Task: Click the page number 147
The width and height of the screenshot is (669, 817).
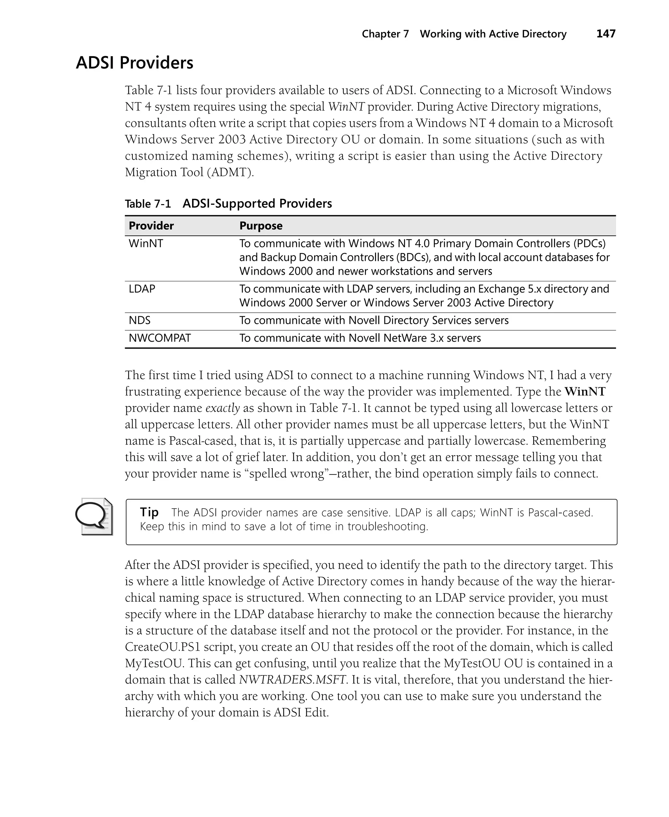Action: tap(606, 34)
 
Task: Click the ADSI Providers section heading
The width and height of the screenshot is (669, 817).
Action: tap(135, 63)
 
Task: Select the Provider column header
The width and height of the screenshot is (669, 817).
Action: tap(151, 226)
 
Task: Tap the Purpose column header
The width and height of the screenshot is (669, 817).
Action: tap(261, 226)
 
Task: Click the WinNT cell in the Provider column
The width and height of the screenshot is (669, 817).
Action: tap(146, 243)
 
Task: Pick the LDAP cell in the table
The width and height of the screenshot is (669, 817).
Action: tap(142, 289)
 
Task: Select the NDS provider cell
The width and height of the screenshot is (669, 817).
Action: tap(139, 321)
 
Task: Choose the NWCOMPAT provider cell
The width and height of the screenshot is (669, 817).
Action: tap(159, 338)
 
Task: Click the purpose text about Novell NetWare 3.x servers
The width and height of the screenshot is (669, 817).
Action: tap(360, 338)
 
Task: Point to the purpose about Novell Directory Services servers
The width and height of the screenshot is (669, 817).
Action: tap(374, 321)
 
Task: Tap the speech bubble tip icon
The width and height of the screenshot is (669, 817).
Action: tap(94, 516)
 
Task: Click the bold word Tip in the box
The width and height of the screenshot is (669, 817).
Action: tap(149, 512)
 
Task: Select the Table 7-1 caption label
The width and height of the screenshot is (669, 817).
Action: tap(148, 204)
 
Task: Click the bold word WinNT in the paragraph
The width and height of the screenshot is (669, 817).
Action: tap(585, 392)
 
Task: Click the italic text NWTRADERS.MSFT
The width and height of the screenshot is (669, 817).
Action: tap(292, 680)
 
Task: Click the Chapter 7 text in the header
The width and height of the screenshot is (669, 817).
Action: tap(385, 34)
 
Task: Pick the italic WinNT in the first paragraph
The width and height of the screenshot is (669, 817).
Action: tap(346, 107)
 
